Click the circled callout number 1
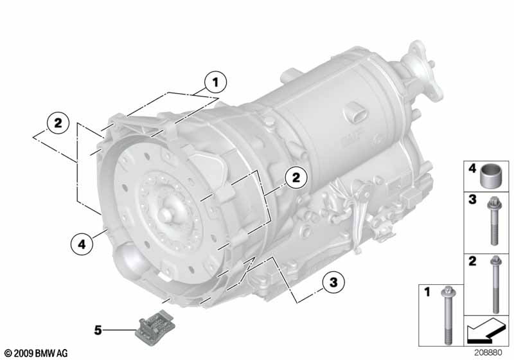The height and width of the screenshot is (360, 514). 215,82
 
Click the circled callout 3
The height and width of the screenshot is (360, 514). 333,282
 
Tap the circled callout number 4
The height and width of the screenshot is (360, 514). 82,244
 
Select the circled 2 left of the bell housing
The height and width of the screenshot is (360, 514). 58,123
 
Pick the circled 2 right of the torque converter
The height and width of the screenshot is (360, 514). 296,177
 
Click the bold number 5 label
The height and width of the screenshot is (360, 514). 98,330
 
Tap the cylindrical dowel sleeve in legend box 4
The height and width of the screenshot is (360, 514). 490,175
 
